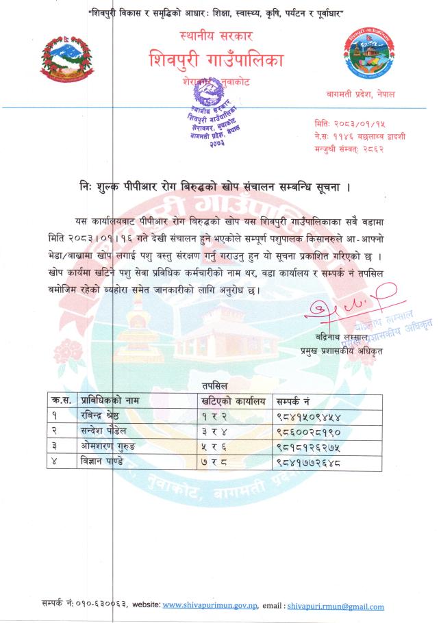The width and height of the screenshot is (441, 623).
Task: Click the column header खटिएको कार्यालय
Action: tap(233, 400)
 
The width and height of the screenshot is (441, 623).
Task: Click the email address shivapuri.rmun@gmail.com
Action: tap(336, 606)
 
